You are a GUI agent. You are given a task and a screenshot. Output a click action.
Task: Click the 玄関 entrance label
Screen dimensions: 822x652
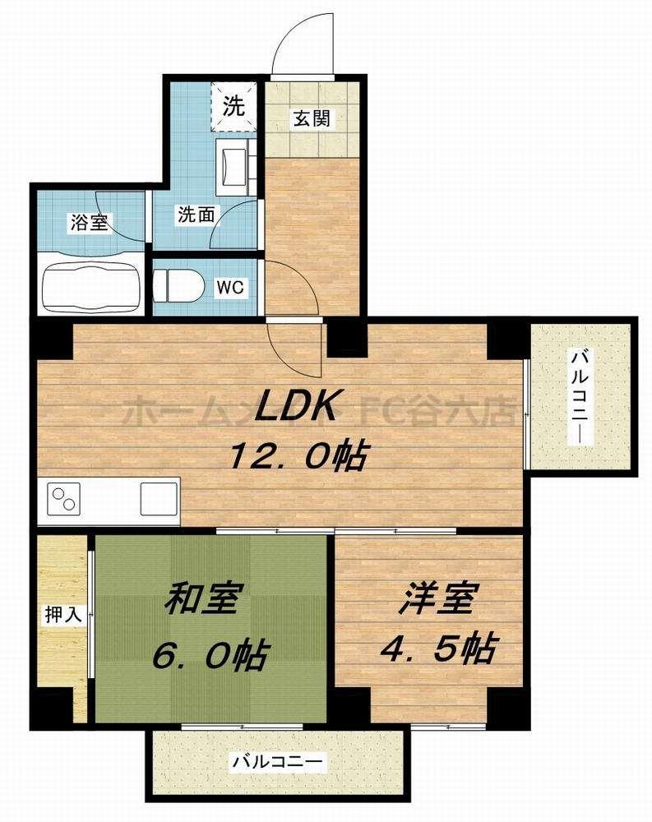[312, 118]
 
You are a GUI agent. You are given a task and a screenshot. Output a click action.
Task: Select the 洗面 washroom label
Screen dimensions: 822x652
[196, 215]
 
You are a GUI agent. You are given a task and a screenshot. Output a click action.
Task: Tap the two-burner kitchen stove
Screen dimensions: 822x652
[63, 498]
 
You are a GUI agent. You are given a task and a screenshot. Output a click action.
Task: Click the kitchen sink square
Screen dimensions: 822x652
[159, 498]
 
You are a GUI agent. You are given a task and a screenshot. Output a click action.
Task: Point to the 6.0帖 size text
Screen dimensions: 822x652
[210, 655]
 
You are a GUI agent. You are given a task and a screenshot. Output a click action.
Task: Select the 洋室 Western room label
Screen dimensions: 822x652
[437, 601]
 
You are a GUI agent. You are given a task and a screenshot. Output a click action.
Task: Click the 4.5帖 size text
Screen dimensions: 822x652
[437, 649]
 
